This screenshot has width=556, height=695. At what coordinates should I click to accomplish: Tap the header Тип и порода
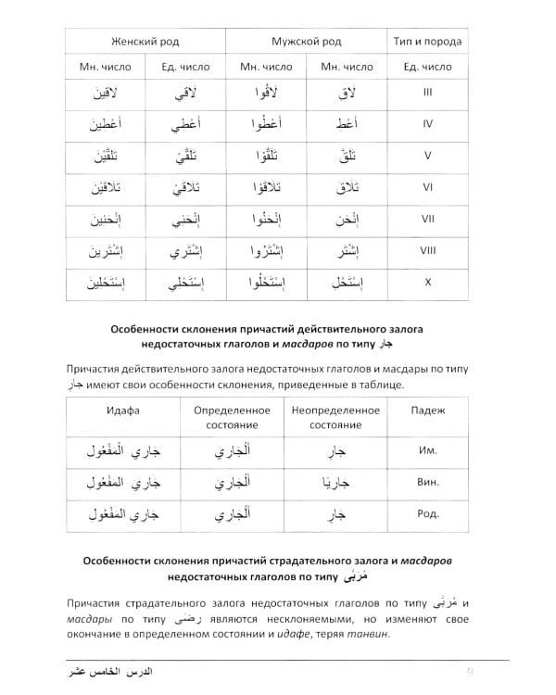427,42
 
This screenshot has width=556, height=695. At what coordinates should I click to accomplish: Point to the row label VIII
427,250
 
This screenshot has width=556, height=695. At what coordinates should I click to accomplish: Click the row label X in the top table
427,282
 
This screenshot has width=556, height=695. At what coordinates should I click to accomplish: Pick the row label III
427,93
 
